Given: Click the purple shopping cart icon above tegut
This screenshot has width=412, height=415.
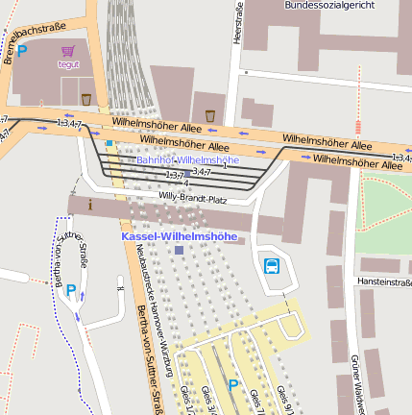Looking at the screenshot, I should coord(67,51).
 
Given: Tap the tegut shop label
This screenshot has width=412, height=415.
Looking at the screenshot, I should coord(68,64).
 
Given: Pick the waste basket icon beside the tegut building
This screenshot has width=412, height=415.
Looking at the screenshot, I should coord(86,99).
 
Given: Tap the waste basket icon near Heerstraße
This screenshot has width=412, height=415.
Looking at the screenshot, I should coord(210,115).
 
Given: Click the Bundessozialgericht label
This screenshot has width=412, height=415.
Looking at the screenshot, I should coord(329,5).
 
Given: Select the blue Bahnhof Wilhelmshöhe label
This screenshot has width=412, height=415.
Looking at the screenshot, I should coord(187,159).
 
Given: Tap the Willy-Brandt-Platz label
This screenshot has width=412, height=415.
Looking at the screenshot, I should coord(192,199).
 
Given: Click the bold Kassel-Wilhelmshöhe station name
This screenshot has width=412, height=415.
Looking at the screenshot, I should coord(179,235).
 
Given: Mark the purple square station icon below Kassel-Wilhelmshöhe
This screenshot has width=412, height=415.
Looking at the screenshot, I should coord(179,250).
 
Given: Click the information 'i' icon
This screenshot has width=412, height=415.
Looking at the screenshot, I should coord(90,204).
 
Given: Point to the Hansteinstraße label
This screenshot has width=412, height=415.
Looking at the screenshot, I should coord(384,281).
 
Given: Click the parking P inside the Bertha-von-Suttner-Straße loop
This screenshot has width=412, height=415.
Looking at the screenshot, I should coord(70,291).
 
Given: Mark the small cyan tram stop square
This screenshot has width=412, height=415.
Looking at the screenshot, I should coord(109,144).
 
